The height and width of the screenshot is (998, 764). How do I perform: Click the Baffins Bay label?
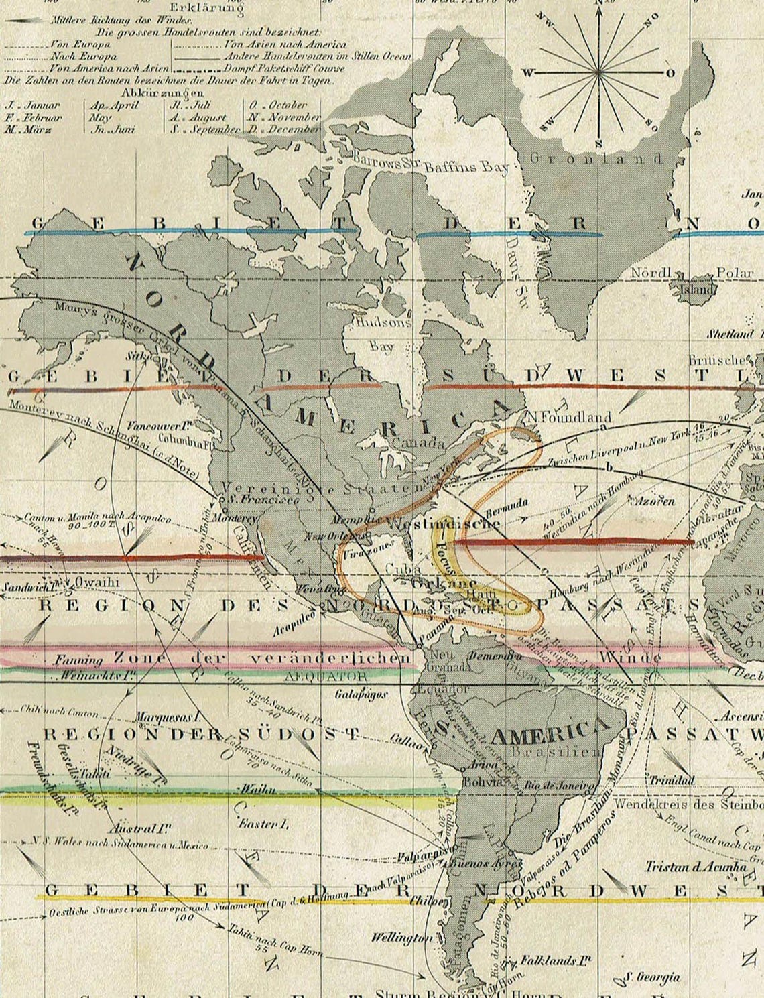[x=466, y=168]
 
